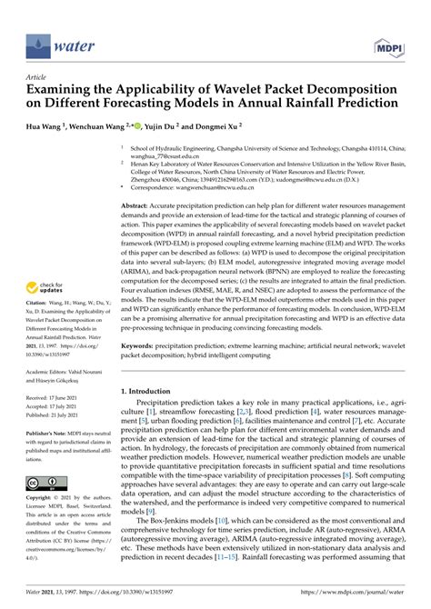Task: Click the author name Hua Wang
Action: pyautogui.click(x=50, y=126)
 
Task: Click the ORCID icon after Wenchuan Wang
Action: pyautogui.click(x=160, y=125)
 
